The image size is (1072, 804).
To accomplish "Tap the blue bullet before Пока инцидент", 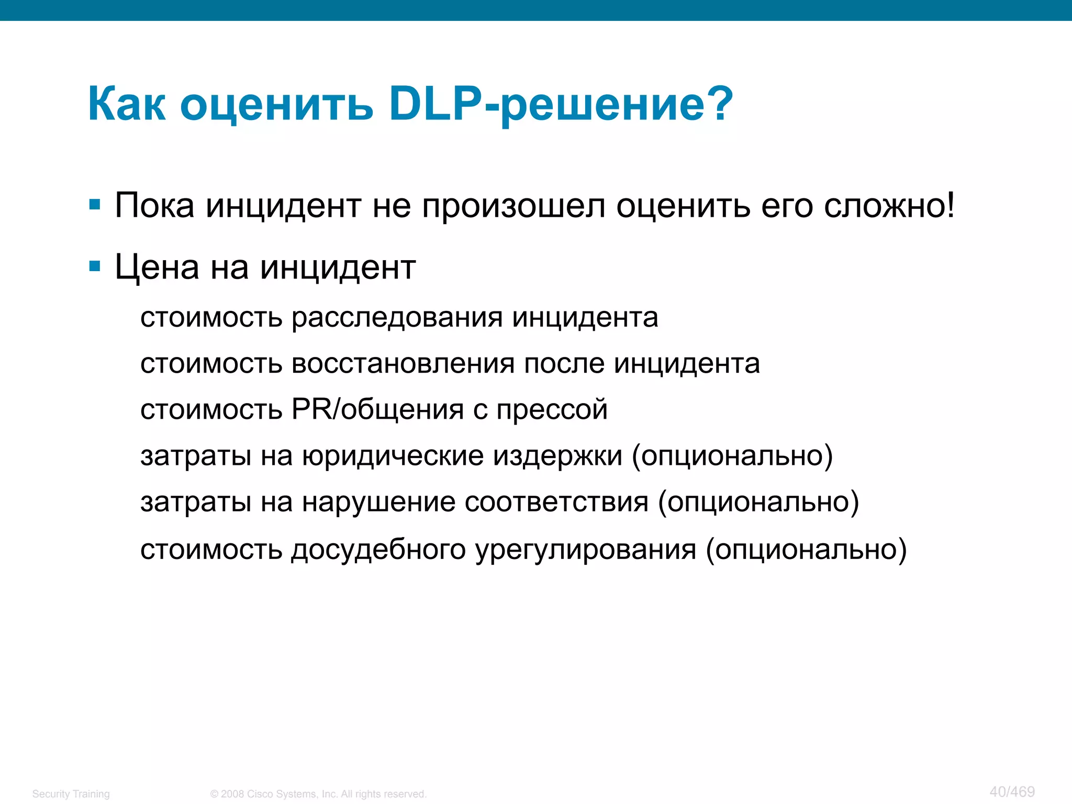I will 95,204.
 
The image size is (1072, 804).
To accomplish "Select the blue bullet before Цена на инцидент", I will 95,266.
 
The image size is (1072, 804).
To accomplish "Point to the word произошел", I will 513,206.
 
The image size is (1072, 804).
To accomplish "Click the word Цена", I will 157,267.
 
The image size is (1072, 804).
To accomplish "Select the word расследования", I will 397,317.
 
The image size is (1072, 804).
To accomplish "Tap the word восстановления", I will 403,363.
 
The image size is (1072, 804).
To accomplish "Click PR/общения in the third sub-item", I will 377,409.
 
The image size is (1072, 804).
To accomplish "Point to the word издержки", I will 557,456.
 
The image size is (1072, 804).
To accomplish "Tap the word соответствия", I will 556,501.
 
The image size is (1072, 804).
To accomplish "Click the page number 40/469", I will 1012,791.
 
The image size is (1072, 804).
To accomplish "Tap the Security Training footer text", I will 71,794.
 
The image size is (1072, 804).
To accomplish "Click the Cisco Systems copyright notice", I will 318,794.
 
